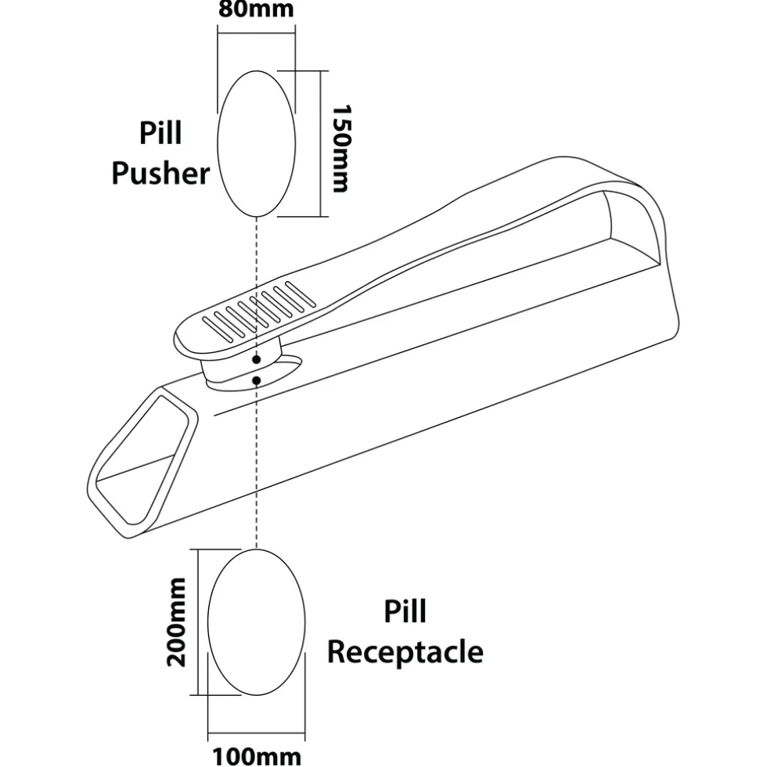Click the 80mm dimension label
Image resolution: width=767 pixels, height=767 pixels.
point(256,10)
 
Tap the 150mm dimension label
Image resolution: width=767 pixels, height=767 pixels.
point(341,149)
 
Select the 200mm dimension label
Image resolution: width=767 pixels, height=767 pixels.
point(178,621)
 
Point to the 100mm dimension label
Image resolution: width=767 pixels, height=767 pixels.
point(256,755)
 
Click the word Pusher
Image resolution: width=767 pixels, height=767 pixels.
point(160,173)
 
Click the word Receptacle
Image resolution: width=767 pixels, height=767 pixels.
point(405,651)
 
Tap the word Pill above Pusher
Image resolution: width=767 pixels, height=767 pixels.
point(160,133)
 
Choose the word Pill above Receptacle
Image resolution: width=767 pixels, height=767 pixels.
point(405,611)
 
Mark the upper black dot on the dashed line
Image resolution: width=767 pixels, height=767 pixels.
point(257,359)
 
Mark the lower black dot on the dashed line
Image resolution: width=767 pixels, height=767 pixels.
point(257,380)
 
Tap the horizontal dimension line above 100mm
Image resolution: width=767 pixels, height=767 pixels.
point(256,737)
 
